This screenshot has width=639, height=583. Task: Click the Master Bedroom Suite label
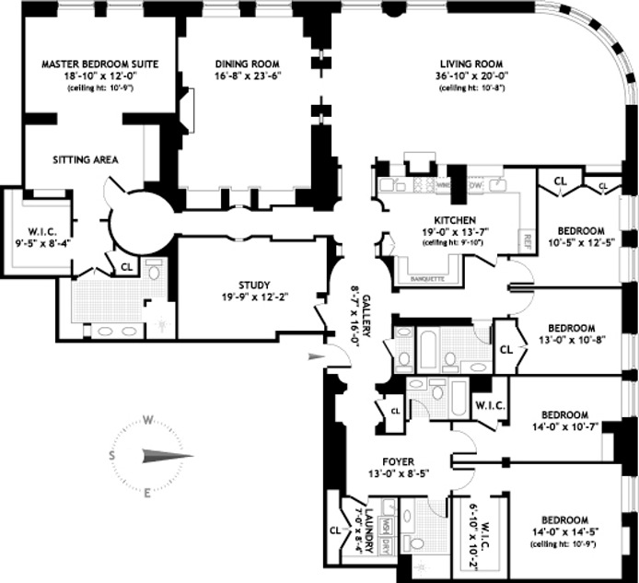click(100, 64)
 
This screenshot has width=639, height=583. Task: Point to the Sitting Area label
click(85, 159)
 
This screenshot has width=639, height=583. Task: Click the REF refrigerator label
click(528, 241)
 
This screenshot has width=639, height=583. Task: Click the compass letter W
click(147, 420)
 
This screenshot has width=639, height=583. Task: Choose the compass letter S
click(111, 456)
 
